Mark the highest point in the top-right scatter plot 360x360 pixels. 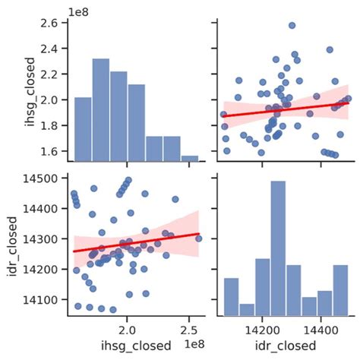pos(292,25)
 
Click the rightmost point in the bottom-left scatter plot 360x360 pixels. pos(198,238)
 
